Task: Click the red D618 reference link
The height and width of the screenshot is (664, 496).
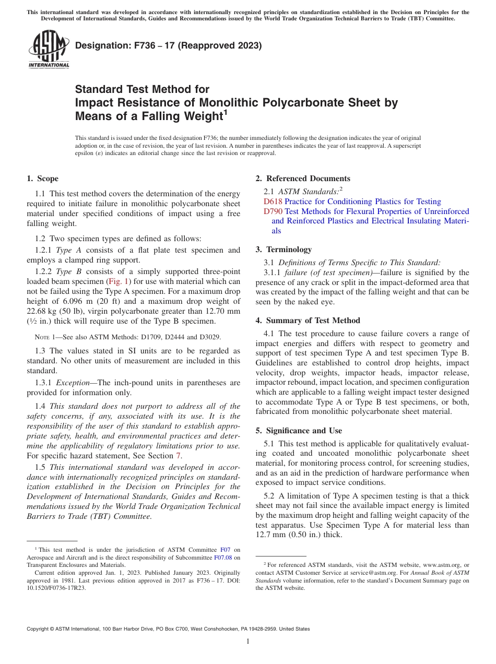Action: coord(273,201)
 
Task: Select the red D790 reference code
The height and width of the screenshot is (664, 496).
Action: coord(273,211)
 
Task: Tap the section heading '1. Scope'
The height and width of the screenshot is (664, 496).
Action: coord(42,179)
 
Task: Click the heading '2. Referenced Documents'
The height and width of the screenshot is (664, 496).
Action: coord(303,179)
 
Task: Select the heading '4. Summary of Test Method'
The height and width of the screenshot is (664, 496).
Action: coord(308,321)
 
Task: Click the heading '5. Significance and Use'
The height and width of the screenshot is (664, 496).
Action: coord(299,431)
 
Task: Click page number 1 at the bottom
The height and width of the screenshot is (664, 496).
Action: coord(248,641)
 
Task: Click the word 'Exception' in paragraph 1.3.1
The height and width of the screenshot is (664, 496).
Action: coord(74,383)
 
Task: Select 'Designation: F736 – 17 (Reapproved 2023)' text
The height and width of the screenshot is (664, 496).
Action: coord(168,46)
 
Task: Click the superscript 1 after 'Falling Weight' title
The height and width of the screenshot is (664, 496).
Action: coord(225,112)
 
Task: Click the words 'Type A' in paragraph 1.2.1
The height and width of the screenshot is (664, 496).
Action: coord(64,251)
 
